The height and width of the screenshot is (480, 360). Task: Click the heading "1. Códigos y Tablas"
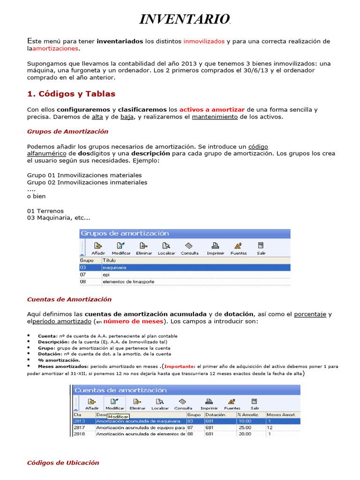pos(71,94)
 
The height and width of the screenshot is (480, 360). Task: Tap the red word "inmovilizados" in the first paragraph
pos(204,41)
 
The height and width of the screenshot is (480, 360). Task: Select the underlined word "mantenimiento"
pos(215,117)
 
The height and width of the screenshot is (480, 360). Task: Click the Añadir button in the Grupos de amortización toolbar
pos(98,248)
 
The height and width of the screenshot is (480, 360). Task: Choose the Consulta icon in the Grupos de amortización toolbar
pos(189,248)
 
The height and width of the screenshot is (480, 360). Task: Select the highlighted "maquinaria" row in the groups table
pos(185,267)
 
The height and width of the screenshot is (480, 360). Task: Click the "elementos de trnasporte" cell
pos(128,282)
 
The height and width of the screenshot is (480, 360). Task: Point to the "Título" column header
pos(109,260)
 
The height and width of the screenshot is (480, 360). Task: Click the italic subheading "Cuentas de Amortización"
pos(69,299)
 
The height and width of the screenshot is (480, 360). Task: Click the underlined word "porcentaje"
pos(310,314)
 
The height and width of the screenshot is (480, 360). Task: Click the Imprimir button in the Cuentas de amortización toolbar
pos(209,404)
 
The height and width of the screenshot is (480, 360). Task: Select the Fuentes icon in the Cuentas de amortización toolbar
pos(231,404)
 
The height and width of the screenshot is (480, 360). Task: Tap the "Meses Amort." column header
pos(281,415)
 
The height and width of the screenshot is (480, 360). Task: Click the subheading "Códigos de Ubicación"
pos(63,463)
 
